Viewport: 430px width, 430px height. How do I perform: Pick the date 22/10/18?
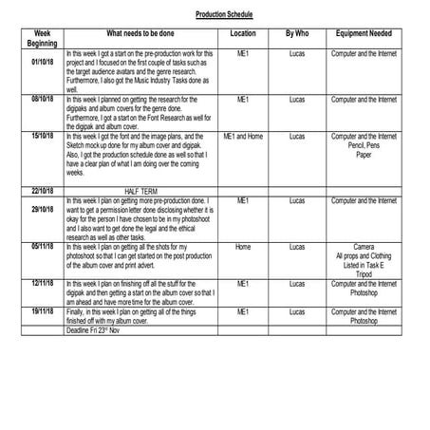(41, 191)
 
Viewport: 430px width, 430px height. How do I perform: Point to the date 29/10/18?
(41, 208)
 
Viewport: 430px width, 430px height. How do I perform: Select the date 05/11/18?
(41, 246)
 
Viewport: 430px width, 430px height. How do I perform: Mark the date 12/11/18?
(41, 283)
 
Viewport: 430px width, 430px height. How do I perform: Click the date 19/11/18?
(41, 310)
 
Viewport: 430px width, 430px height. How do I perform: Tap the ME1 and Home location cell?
(242, 136)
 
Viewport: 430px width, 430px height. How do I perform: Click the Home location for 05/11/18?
(242, 246)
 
